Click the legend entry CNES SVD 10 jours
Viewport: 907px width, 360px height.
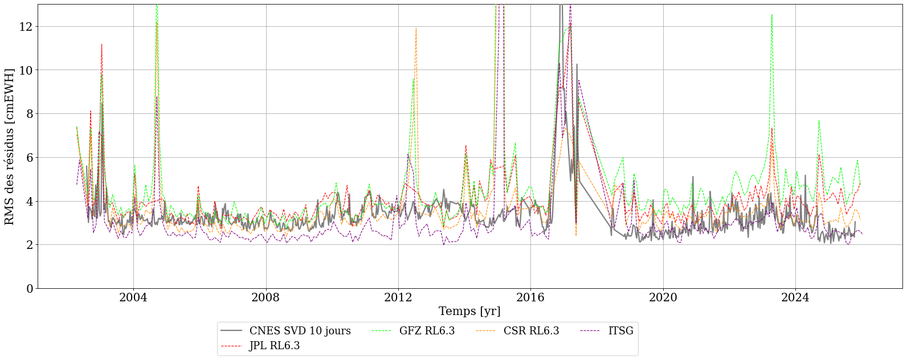coord(300,331)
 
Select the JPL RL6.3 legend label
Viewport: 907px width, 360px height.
coord(274,346)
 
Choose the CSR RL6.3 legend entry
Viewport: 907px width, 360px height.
coord(531,331)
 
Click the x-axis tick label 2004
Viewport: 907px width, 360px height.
coord(133,297)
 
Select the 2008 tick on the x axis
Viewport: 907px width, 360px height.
coord(266,297)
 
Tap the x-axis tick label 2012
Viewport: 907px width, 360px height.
coord(398,297)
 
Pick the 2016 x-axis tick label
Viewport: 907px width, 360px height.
coord(530,297)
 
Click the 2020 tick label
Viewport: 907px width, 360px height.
coord(663,297)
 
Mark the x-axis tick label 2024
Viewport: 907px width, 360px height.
coord(795,297)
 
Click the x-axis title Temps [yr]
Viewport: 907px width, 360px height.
coord(469,312)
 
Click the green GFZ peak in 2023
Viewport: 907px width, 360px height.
coord(771,15)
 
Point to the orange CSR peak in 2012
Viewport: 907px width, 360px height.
coord(416,28)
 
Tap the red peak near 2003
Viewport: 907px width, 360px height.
coord(101,44)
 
